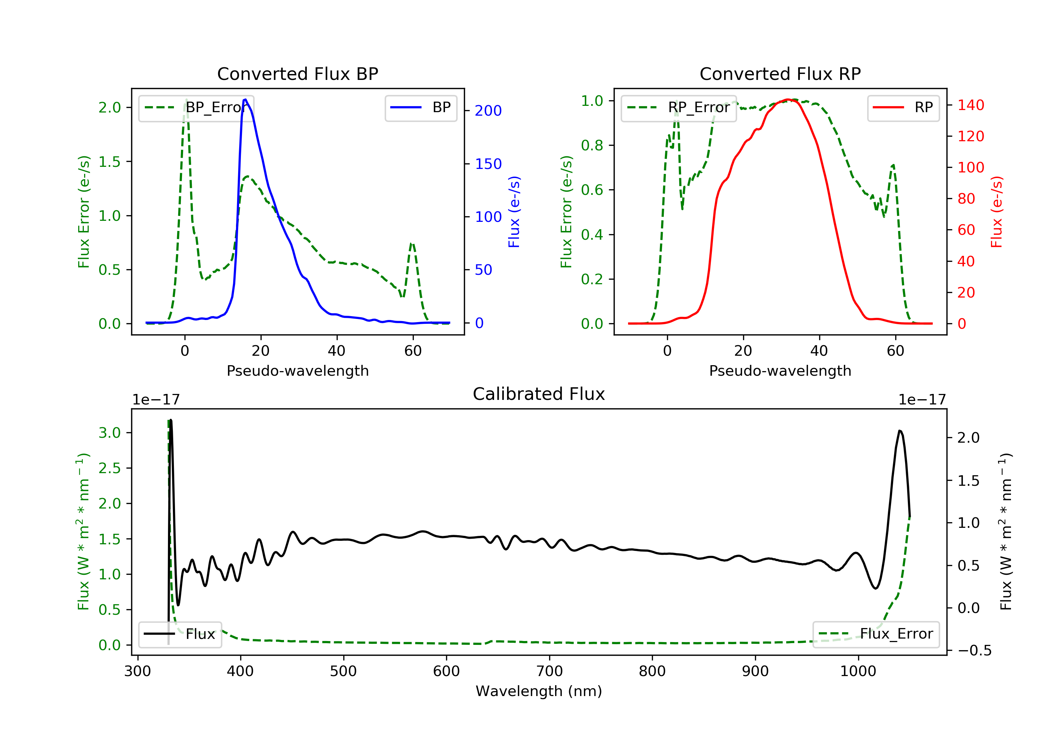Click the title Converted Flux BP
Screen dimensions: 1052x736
pos(298,74)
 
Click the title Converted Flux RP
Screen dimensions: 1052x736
pos(780,74)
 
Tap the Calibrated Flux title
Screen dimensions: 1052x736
pos(539,394)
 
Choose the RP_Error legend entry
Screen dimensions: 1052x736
pos(679,108)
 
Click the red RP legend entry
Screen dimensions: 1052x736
pos(903,108)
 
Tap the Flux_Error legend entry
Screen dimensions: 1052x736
pos(876,634)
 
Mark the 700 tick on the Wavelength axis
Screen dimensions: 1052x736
pos(549,672)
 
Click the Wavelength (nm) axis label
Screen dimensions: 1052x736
pos(539,691)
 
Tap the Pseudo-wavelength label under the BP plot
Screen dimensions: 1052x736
pos(298,370)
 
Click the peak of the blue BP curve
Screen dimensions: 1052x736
pos(245,100)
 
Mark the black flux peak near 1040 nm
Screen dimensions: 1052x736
pos(900,431)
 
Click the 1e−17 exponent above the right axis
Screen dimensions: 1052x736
pos(922,400)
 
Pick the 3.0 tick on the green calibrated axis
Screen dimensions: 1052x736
pos(109,433)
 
